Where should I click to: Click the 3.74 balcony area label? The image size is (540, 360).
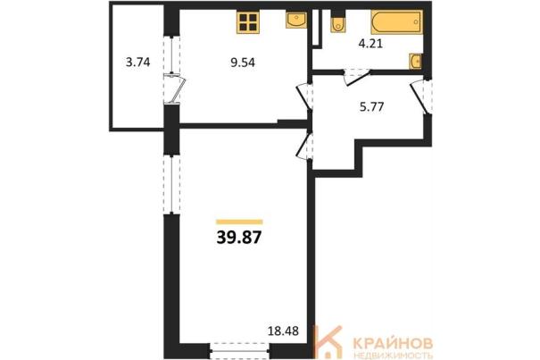[x=137, y=63]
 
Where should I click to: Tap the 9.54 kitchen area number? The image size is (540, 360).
[x=243, y=63]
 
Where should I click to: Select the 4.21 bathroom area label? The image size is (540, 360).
[x=370, y=44]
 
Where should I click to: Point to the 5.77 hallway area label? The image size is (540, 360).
[x=371, y=107]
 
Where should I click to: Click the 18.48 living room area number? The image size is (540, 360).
[x=283, y=331]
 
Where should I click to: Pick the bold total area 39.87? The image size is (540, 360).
[x=239, y=238]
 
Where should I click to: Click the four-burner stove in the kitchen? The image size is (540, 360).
[x=247, y=22]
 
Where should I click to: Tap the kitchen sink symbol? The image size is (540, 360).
[x=295, y=20]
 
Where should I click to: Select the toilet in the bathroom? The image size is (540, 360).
[x=338, y=22]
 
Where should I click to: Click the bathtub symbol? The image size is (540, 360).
[x=396, y=22]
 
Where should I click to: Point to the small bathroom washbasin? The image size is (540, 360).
[x=415, y=62]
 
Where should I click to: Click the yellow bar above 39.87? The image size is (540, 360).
[x=239, y=222]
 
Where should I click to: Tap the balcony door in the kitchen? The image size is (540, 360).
[x=175, y=88]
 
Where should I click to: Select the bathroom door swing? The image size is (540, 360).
[x=357, y=78]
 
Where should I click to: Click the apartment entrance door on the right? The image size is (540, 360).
[x=420, y=96]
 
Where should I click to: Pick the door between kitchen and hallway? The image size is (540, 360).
[x=304, y=96]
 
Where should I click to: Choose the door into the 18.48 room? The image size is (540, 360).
[x=304, y=147]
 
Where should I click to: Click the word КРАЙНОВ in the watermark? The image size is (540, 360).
[x=393, y=343]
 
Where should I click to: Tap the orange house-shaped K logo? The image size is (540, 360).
[x=328, y=341]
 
